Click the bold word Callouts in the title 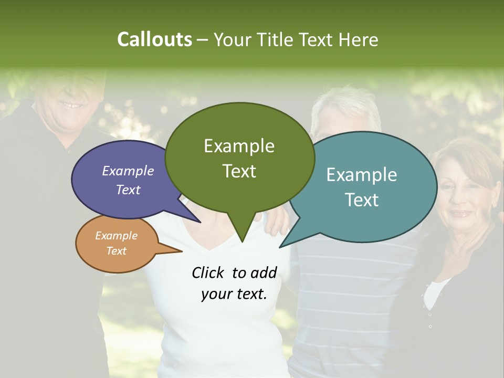pos(154,39)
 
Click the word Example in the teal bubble pos(362,175)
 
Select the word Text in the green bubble pos(239,171)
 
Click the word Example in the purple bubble pos(128,171)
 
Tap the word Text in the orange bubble pos(116,251)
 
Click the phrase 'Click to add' pos(234,272)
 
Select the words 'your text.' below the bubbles pos(234,294)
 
